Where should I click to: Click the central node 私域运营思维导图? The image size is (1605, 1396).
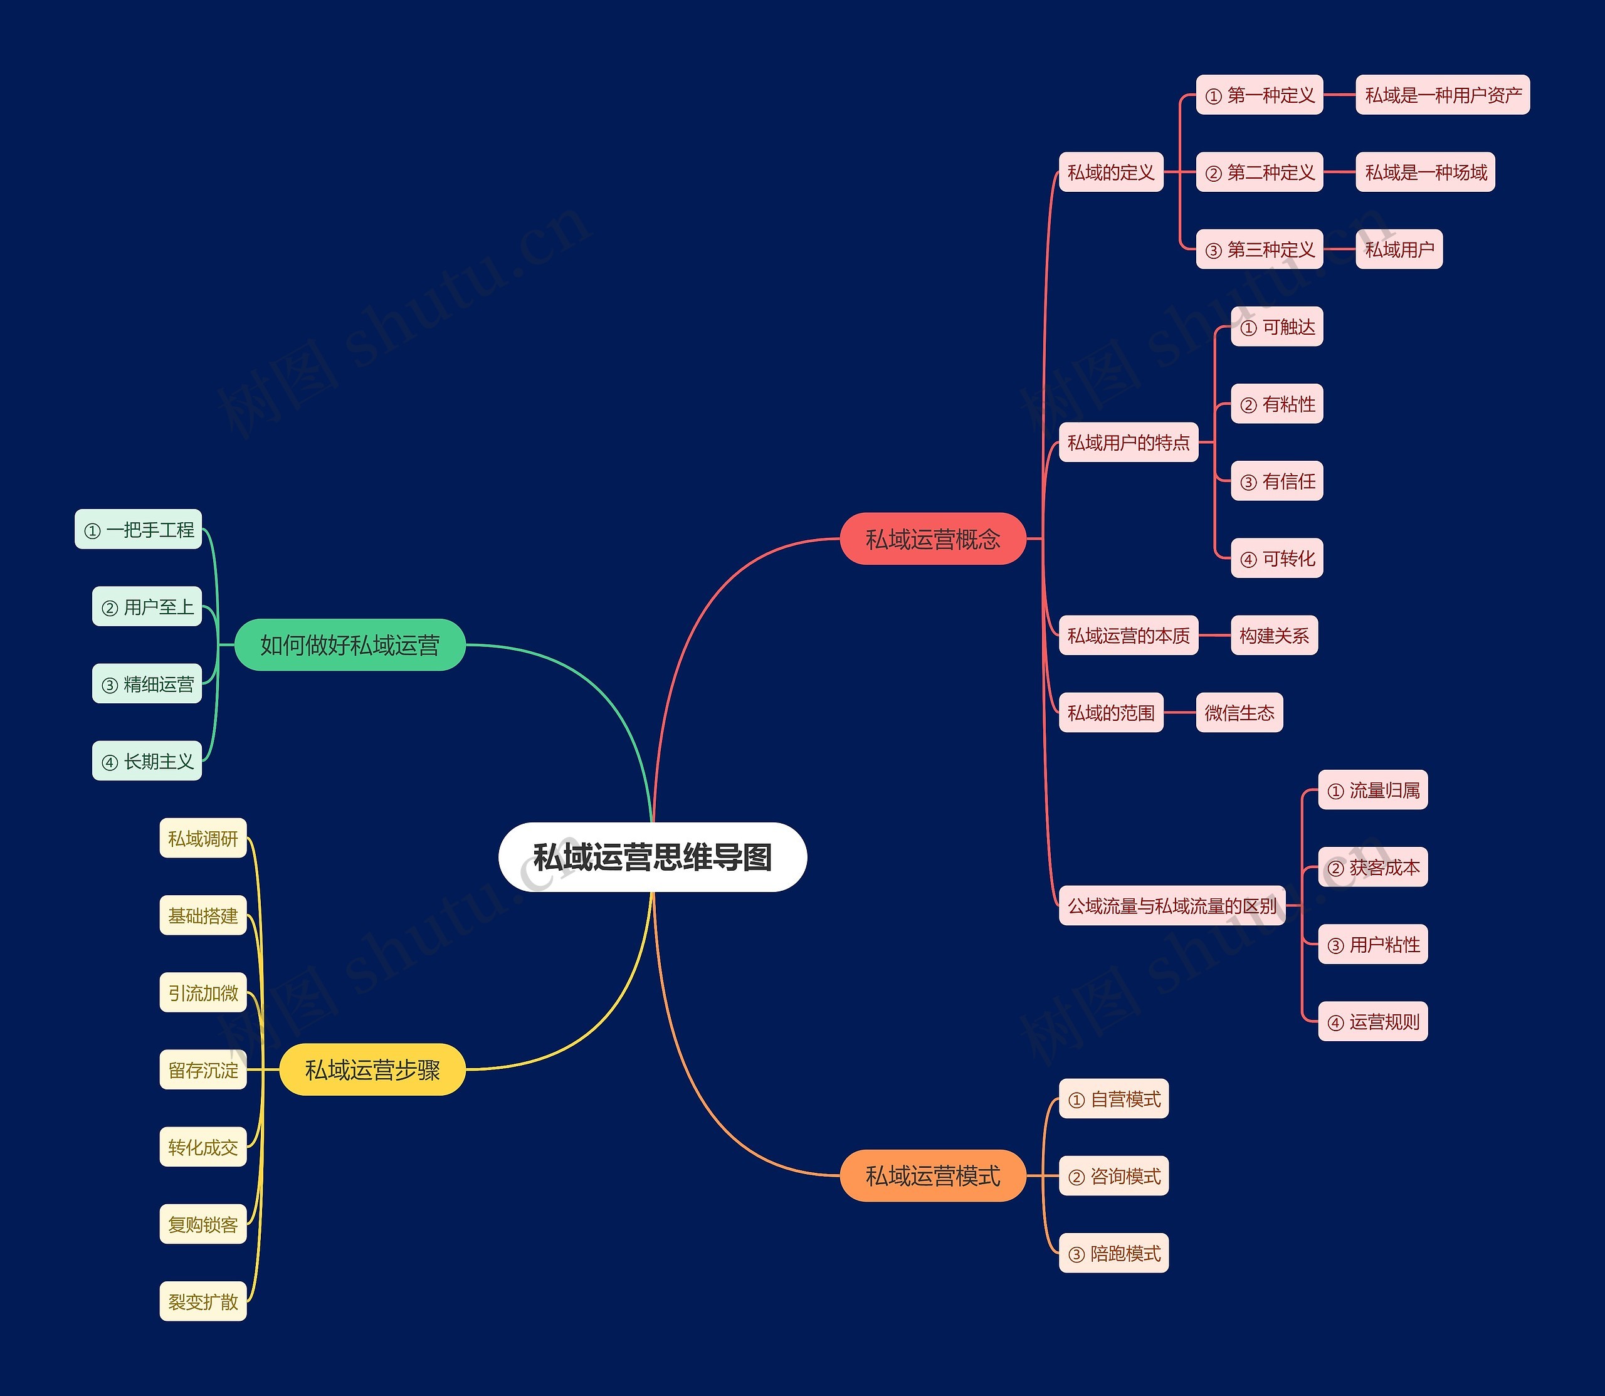click(x=652, y=857)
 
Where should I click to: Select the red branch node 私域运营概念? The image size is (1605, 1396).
click(x=933, y=538)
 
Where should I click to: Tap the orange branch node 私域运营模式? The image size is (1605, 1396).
click(x=933, y=1175)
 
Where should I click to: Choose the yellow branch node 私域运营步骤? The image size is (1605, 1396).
click(x=372, y=1069)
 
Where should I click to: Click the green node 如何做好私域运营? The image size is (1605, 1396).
click(x=350, y=645)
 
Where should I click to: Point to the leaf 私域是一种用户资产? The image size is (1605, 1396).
click(x=1442, y=95)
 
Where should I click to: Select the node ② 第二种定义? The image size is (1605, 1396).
click(x=1259, y=172)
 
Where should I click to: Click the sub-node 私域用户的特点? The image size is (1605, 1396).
click(x=1128, y=443)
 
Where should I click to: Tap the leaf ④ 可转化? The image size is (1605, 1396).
click(x=1277, y=559)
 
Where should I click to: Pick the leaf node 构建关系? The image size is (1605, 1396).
click(x=1274, y=636)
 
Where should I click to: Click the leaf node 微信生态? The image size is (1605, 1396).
click(x=1239, y=713)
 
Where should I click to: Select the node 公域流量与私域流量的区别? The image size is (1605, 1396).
click(x=1172, y=906)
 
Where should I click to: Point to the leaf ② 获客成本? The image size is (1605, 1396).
click(x=1373, y=867)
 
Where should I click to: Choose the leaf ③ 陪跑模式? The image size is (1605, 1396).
click(x=1113, y=1254)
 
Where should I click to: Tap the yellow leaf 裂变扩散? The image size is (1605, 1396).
click(x=203, y=1302)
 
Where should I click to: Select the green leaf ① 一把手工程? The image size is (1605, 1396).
click(x=139, y=530)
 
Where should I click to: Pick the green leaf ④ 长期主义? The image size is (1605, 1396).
click(x=147, y=761)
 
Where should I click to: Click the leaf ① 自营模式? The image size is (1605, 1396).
click(x=1113, y=1099)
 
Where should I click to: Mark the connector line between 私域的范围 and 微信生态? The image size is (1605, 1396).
click(x=1179, y=713)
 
